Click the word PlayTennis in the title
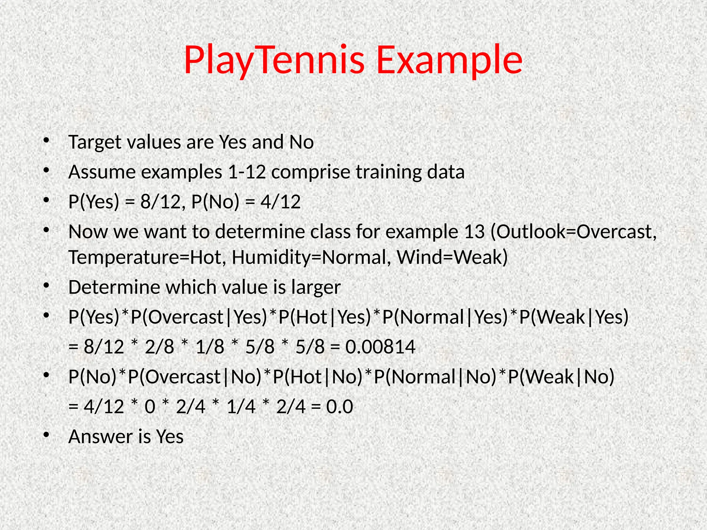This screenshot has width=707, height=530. (274, 60)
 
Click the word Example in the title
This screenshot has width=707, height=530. (449, 60)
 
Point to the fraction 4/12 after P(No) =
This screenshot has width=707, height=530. (281, 202)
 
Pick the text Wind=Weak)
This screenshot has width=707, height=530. (452, 257)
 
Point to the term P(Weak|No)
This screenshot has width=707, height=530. (561, 376)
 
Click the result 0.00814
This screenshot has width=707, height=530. (380, 347)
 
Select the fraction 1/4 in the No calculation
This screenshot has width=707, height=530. (241, 406)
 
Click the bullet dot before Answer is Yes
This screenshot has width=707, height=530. (47, 435)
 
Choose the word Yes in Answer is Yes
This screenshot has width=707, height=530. (170, 436)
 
